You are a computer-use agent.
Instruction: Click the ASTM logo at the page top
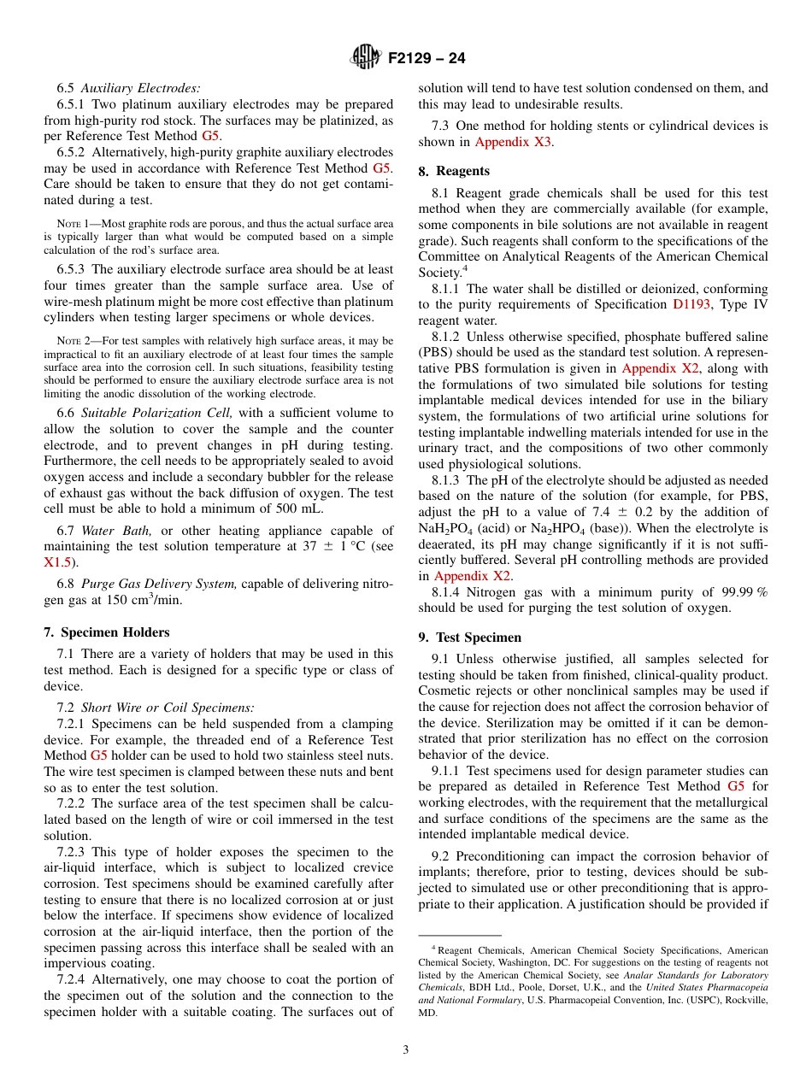tap(365, 58)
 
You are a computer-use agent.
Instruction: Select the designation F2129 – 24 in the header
tap(426, 59)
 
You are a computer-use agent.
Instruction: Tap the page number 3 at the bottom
tap(406, 1049)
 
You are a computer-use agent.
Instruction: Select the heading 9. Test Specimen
tap(469, 638)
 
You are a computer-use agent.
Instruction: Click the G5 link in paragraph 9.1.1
tap(735, 786)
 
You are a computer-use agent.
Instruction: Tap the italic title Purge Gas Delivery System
tap(159, 584)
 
